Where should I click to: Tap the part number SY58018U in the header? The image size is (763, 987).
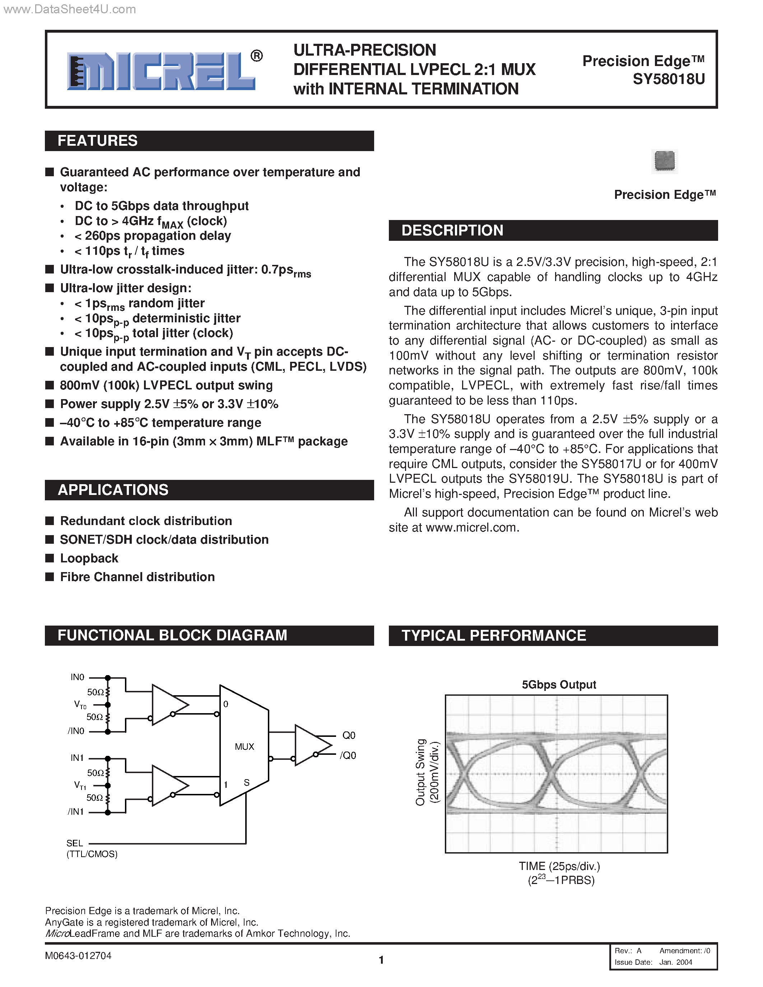[669, 79]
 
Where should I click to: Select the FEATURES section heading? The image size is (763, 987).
[98, 141]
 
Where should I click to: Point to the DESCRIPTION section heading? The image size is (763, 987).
[452, 230]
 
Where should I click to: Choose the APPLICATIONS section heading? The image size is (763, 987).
[113, 490]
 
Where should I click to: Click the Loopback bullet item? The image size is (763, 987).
[89, 558]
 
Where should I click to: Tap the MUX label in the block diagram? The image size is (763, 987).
[244, 747]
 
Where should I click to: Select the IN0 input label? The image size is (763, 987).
[77, 677]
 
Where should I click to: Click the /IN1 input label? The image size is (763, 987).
[75, 811]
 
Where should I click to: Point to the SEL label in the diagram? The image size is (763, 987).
[75, 843]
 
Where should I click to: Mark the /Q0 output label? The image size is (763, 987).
[348, 756]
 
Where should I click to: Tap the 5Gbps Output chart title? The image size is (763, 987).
[559, 685]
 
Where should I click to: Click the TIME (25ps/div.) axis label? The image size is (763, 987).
[559, 866]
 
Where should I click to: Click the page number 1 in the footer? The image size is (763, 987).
[381, 960]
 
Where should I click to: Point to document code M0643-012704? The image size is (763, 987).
[78, 956]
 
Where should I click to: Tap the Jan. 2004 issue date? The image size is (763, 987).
[675, 962]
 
